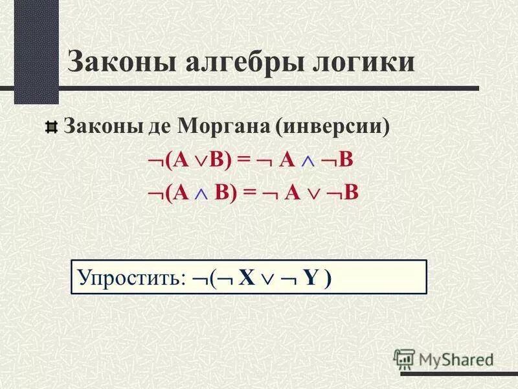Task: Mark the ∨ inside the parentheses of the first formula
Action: pos(197,163)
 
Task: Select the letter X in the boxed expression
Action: pos(245,278)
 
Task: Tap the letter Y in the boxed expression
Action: pos(312,278)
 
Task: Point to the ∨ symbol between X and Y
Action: pos(269,279)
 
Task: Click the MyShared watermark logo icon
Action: pos(404,359)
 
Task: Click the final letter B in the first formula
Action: pos(346,161)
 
